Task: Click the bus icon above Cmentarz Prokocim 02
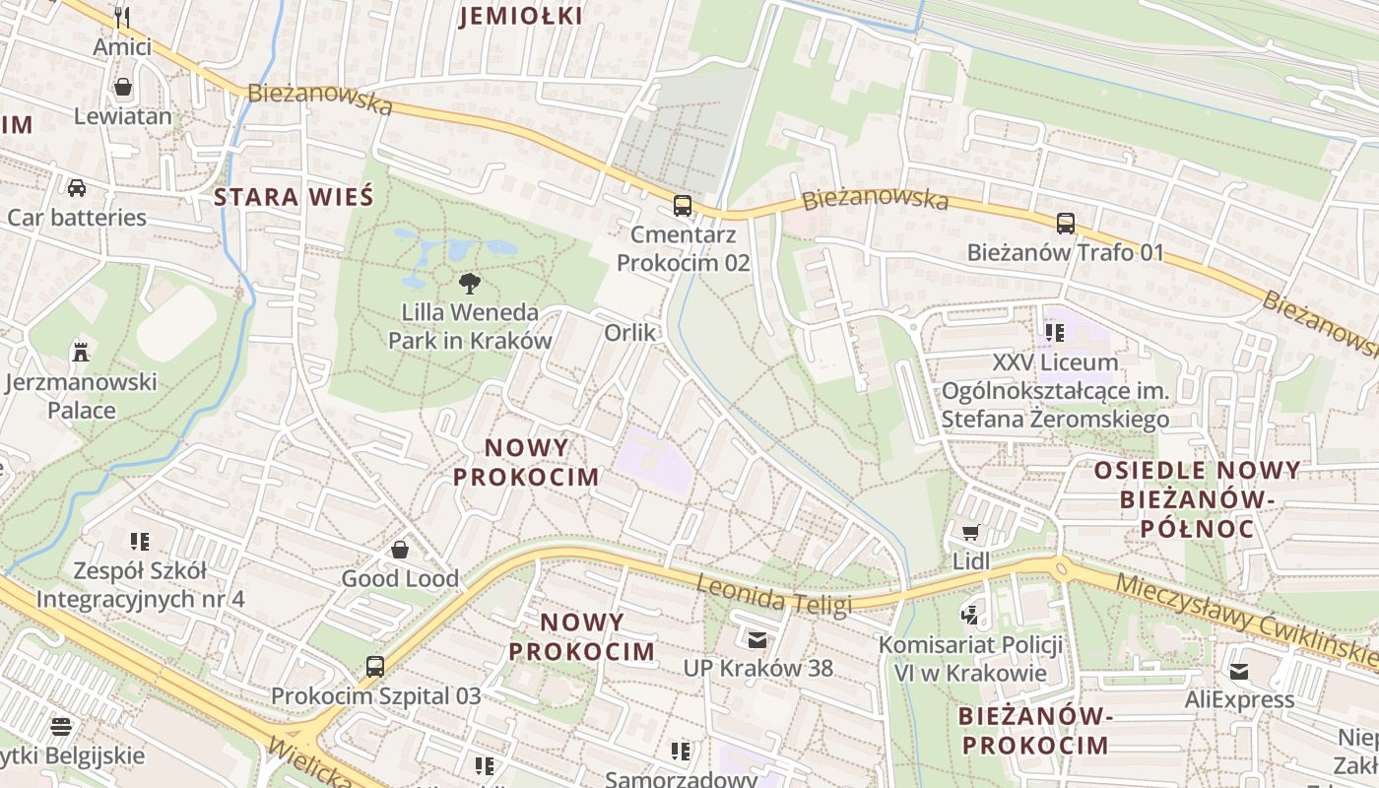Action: coord(682,206)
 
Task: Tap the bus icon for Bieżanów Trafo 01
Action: coord(1065,224)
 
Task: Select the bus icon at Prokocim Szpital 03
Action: coord(375,667)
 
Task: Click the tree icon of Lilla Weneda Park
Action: coord(470,284)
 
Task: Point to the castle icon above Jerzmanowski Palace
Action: coord(81,352)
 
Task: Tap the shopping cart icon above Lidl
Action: coord(970,533)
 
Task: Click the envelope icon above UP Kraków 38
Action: coord(756,640)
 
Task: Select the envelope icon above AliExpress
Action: coord(1238,672)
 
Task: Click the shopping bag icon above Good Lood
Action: coord(400,550)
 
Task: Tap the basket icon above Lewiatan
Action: coord(123,88)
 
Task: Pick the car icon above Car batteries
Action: coord(76,187)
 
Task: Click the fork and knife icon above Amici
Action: coord(122,17)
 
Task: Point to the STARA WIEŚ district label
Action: coord(294,197)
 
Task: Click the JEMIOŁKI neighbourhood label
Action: coord(521,16)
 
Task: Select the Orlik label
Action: coord(629,333)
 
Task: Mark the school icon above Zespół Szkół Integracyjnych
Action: coord(140,542)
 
